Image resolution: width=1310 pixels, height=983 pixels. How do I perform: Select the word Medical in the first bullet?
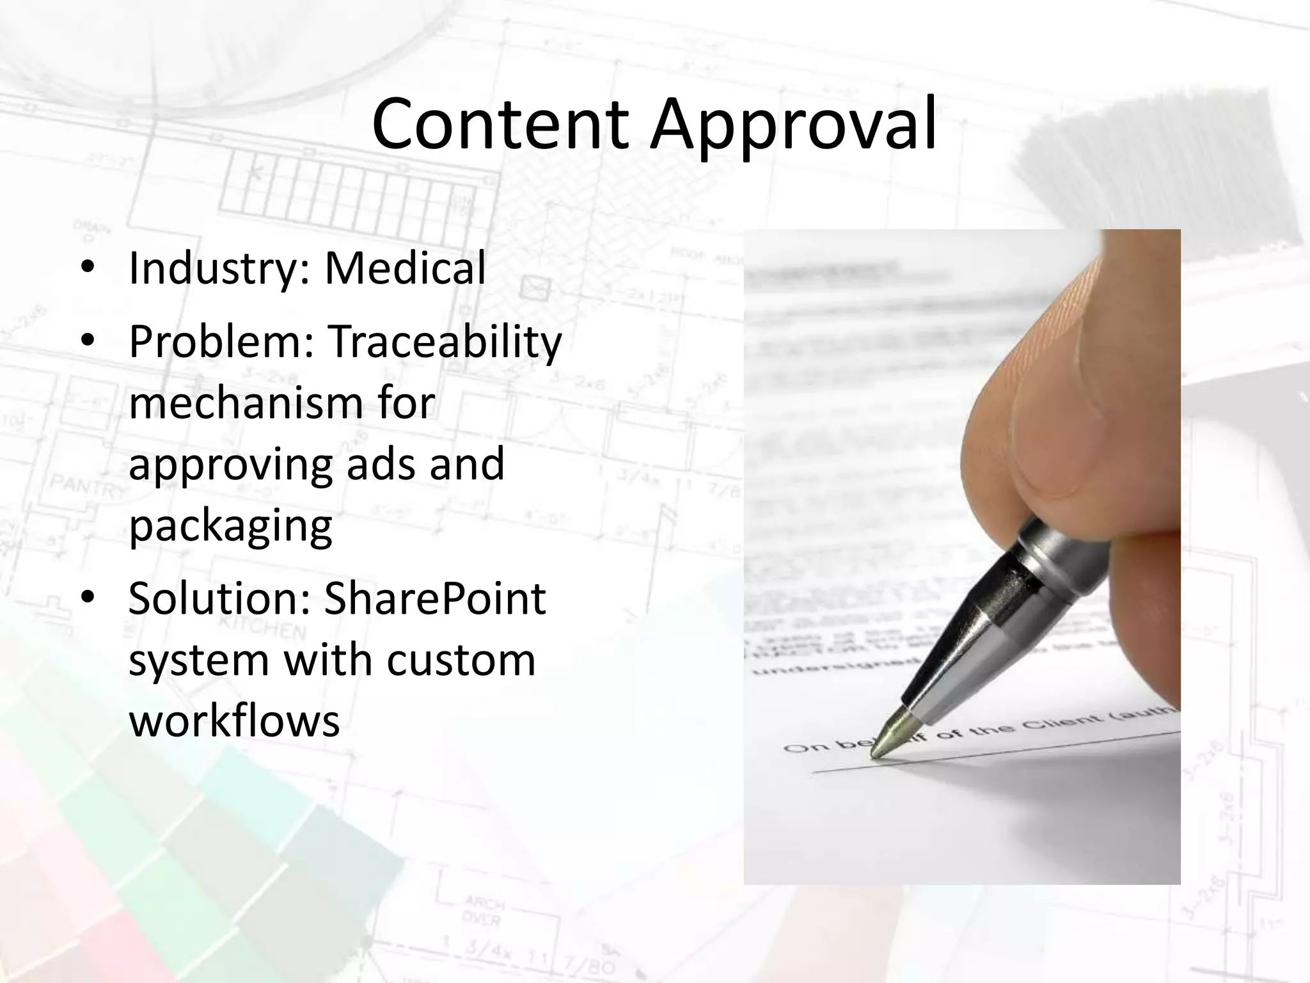coord(405,268)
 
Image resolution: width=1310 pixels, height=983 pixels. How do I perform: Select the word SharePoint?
coord(435,599)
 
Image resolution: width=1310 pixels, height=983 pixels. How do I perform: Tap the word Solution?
coord(219,599)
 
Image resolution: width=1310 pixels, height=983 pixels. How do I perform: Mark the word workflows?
coord(234,721)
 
